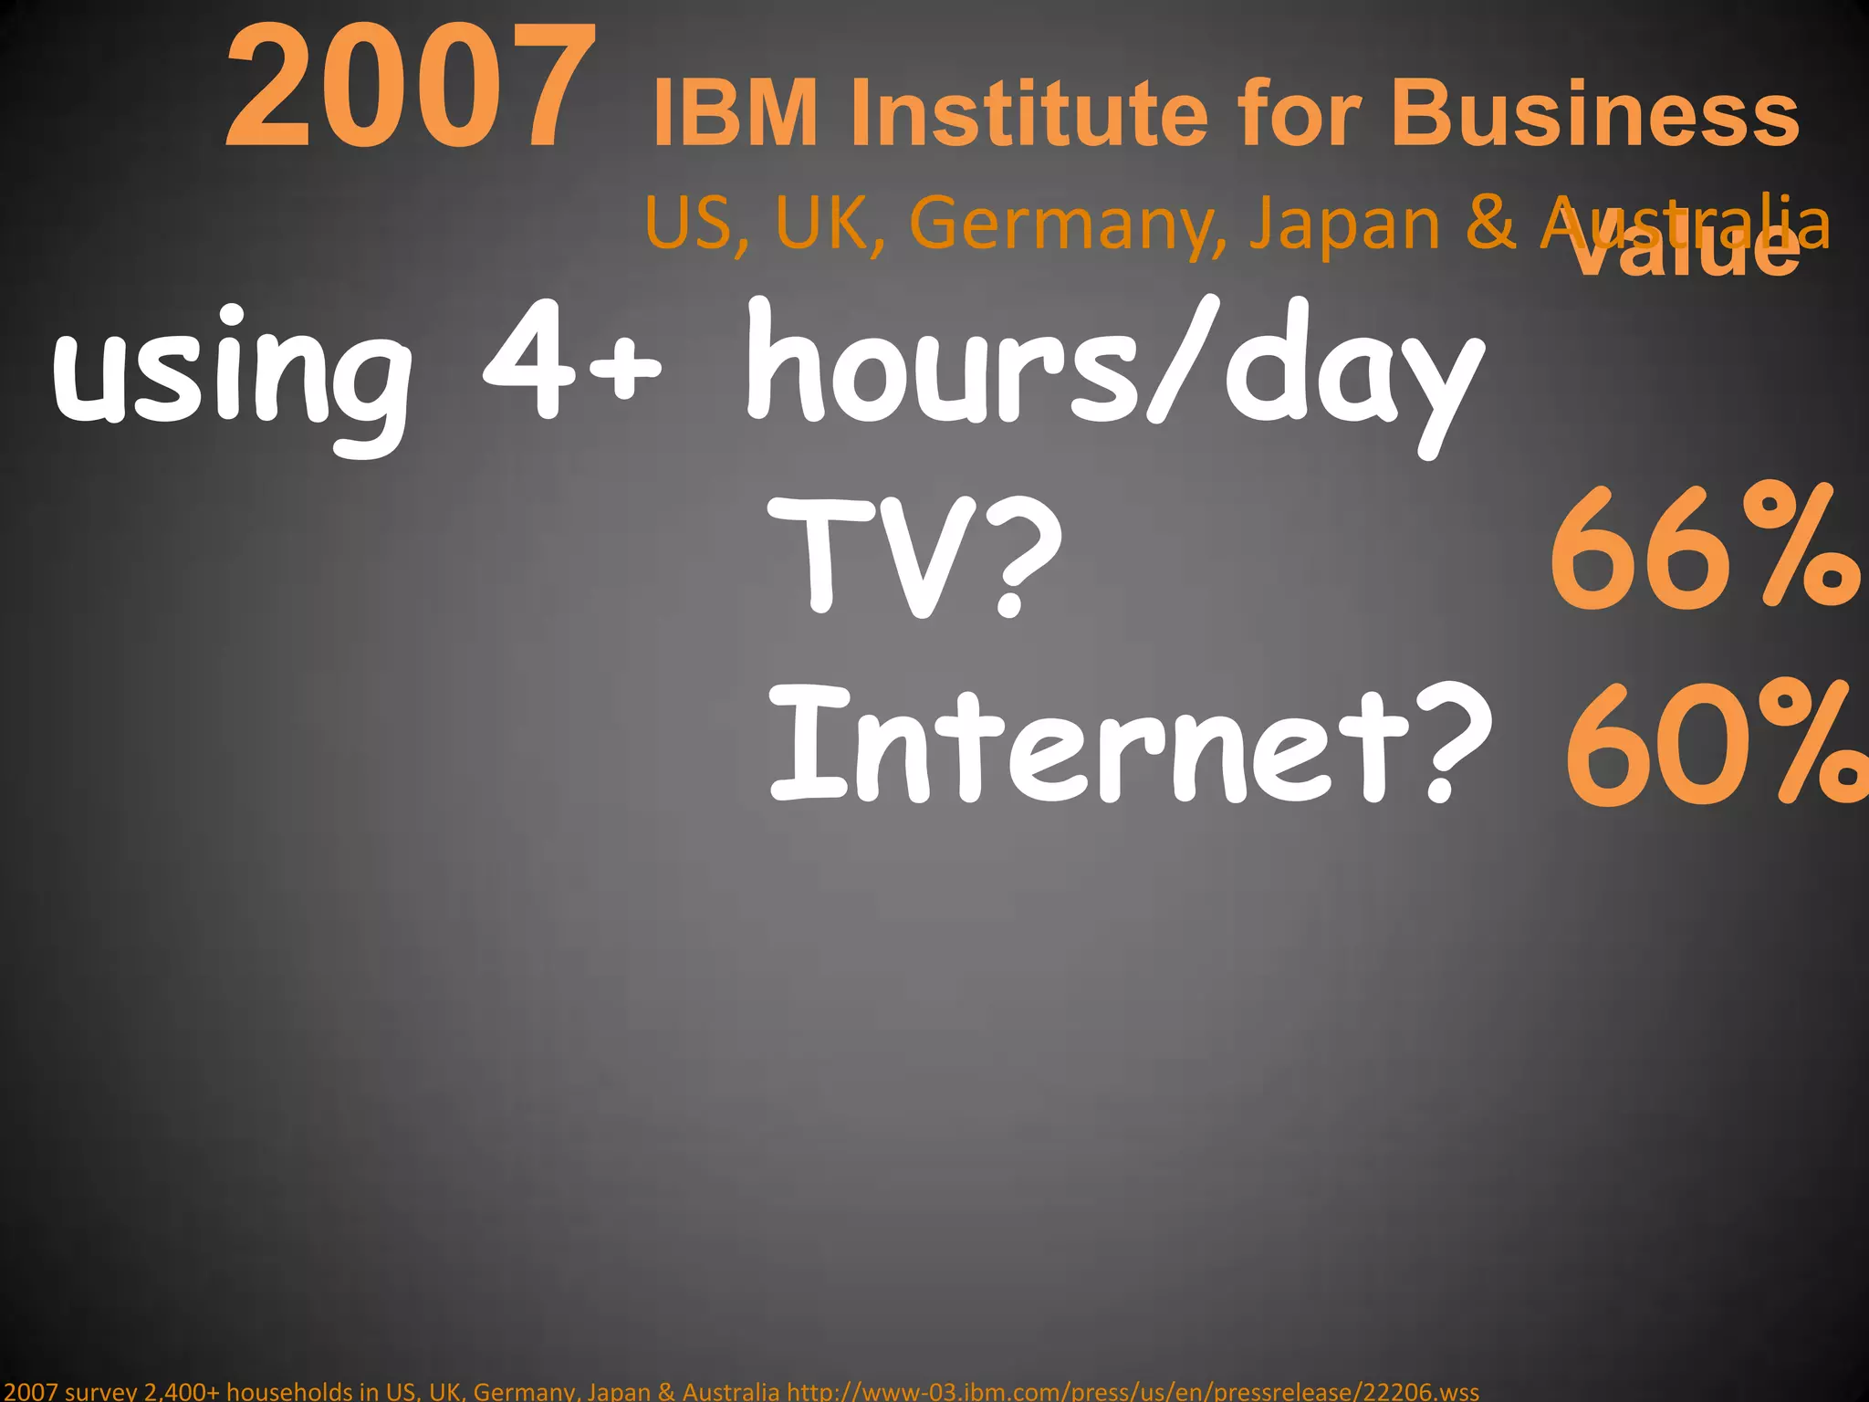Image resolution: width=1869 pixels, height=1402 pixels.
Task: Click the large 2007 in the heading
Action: (x=411, y=89)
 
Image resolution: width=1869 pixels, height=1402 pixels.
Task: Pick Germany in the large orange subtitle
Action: (x=1068, y=225)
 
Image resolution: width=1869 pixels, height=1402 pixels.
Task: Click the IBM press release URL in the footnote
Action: (x=1133, y=1391)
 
